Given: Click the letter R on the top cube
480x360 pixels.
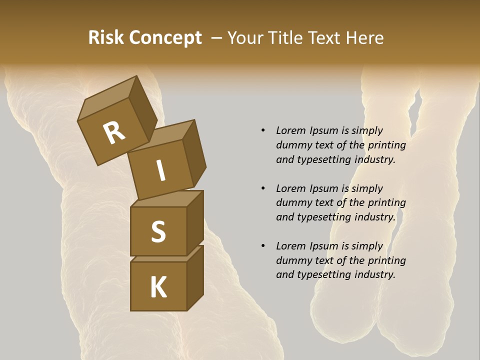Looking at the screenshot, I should [114, 133].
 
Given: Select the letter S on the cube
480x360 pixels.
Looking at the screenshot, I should [158, 232].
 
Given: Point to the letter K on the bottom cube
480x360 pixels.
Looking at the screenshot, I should [158, 287].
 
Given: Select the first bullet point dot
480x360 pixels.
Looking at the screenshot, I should [263, 130].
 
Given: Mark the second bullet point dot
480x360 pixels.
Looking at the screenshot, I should [263, 188].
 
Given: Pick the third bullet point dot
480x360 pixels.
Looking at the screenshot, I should [263, 246].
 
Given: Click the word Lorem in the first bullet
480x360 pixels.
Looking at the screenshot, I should [290, 130].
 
